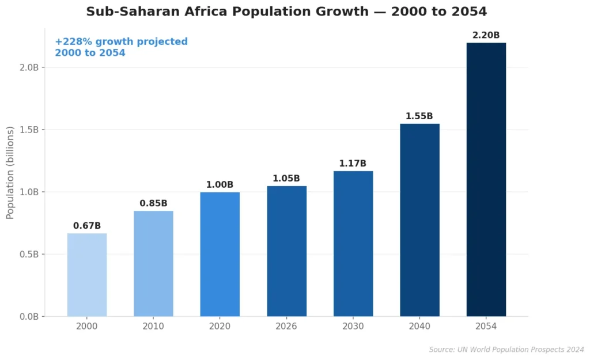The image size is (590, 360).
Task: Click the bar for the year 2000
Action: (x=87, y=275)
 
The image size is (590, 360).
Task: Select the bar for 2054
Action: (x=486, y=179)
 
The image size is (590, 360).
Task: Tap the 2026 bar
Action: (x=286, y=251)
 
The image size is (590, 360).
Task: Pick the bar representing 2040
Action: (x=419, y=219)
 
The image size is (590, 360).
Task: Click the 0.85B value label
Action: (x=153, y=203)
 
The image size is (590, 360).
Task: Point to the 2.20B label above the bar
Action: (x=486, y=35)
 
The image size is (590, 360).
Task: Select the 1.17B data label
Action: (x=353, y=164)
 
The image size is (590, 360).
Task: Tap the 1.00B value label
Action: (x=220, y=184)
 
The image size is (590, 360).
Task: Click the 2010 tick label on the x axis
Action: (x=153, y=326)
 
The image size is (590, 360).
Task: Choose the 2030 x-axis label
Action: (x=353, y=326)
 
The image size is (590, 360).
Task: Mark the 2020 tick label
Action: (x=220, y=326)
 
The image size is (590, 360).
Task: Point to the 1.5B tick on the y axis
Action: (x=28, y=130)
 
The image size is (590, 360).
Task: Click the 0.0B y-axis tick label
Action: (x=28, y=316)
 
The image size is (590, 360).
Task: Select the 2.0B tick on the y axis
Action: (x=28, y=67)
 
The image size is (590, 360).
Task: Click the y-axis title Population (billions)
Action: (x=10, y=173)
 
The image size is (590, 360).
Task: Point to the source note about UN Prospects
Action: (x=506, y=350)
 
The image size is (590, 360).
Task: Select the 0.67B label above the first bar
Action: (x=87, y=226)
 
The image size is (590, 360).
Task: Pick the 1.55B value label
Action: (x=419, y=116)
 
